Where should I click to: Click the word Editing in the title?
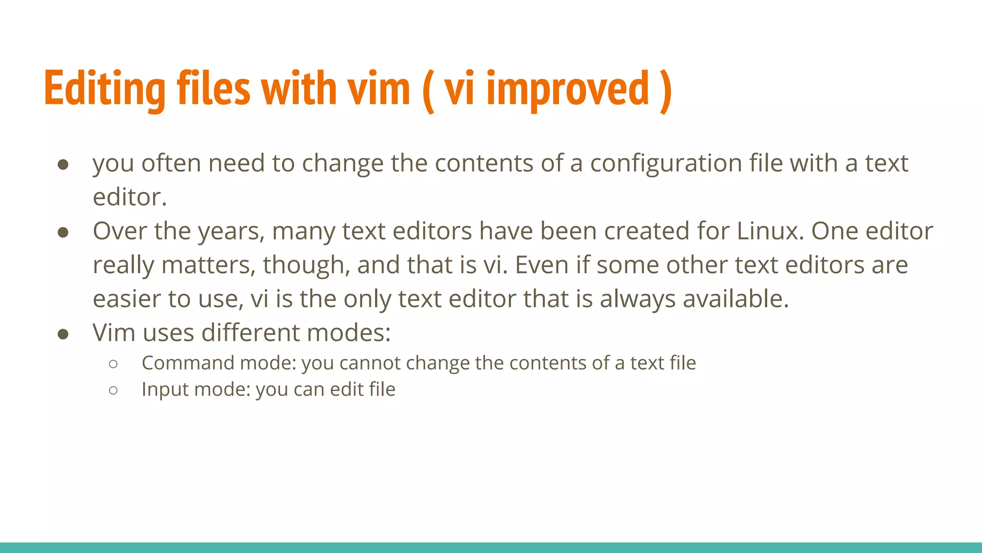[105, 89]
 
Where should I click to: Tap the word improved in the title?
[568, 89]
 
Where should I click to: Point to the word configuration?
[666, 164]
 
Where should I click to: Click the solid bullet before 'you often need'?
[63, 165]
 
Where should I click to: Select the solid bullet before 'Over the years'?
[63, 232]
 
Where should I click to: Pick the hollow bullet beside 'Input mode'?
[113, 390]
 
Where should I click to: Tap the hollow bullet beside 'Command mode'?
[113, 364]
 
